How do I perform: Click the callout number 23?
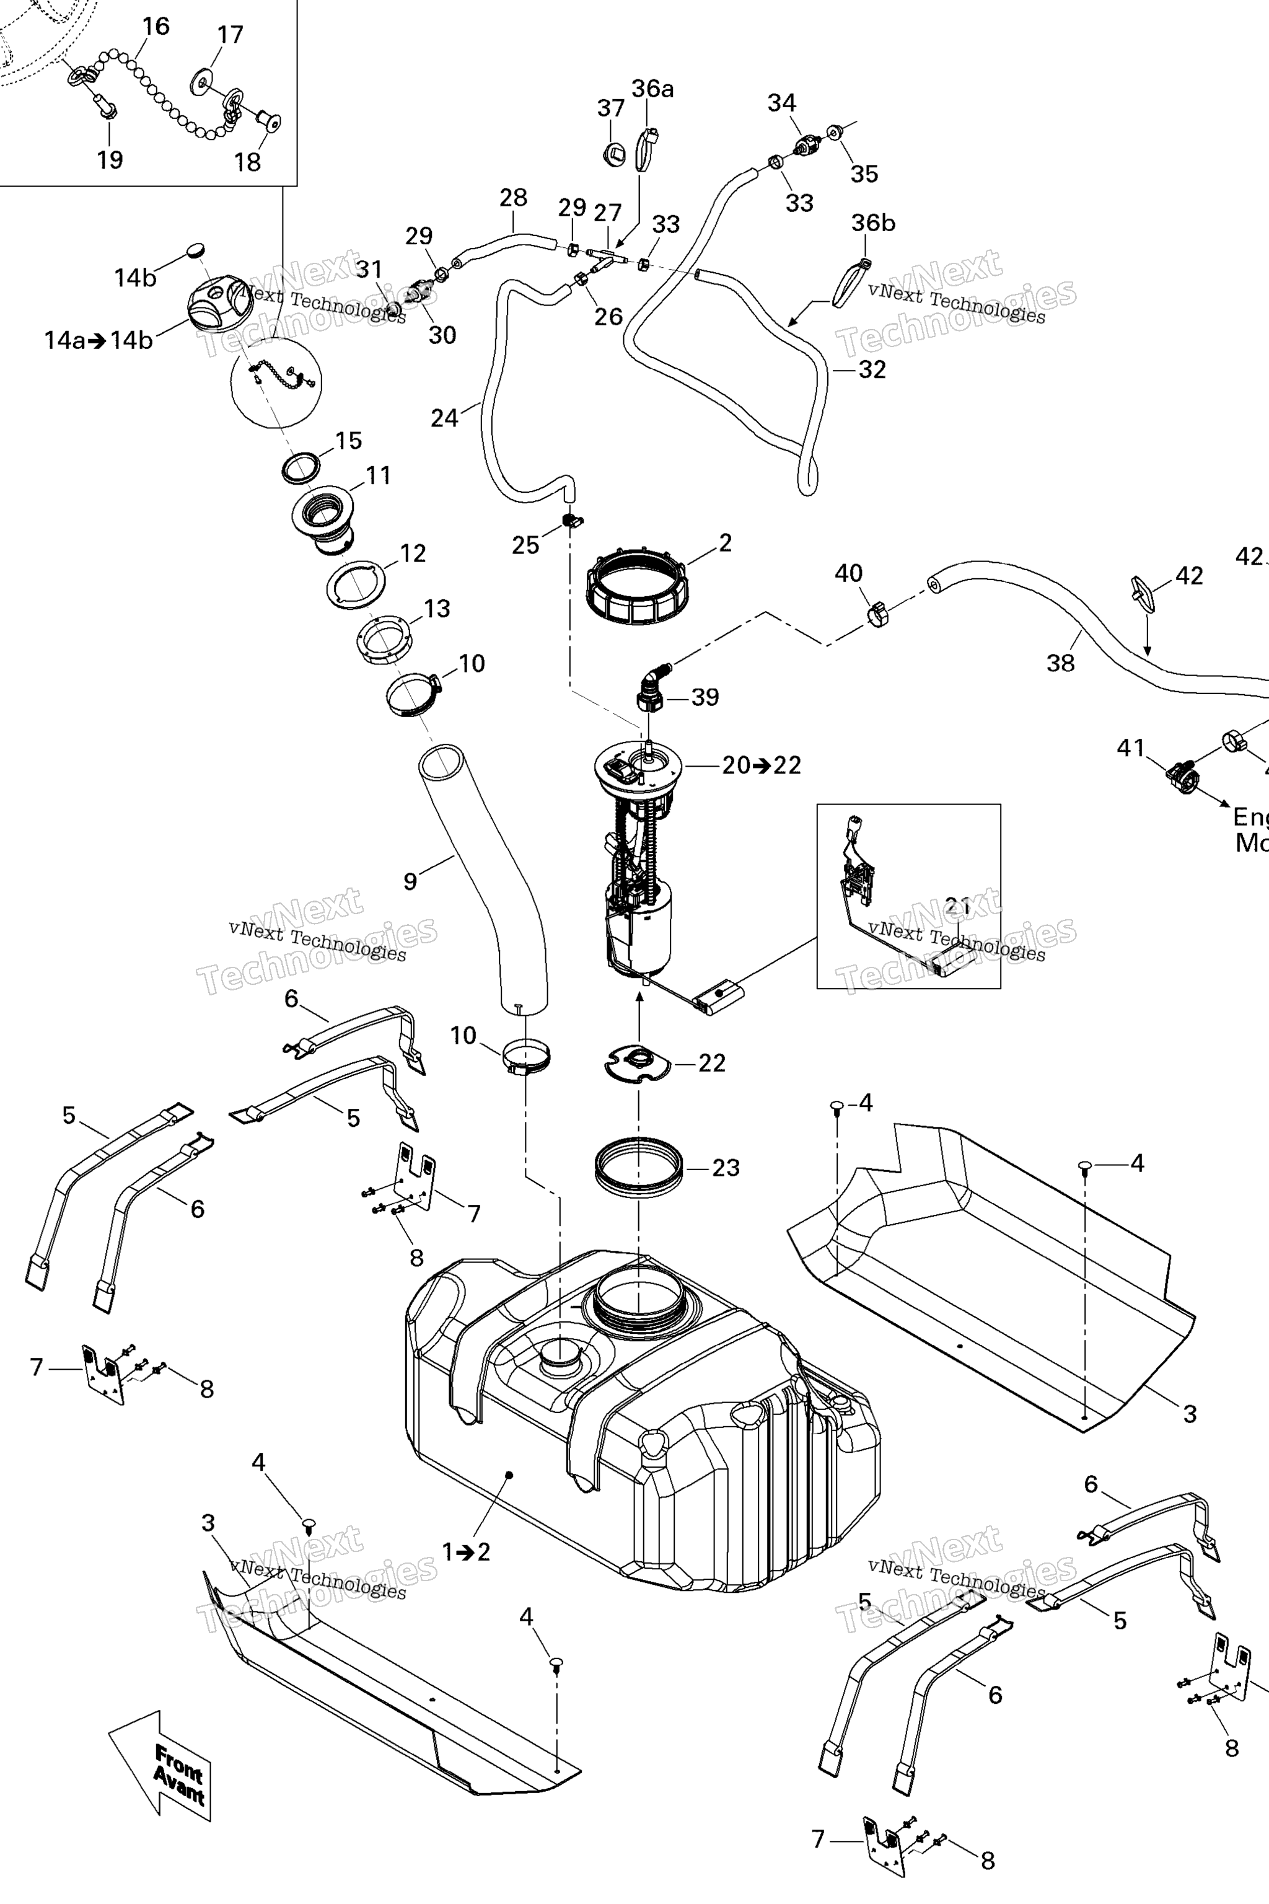(x=726, y=1167)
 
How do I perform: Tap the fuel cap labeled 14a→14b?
(x=219, y=304)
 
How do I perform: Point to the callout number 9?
(x=410, y=881)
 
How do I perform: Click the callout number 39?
(x=705, y=697)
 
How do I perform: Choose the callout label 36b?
(x=872, y=223)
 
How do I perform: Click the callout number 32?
(x=872, y=369)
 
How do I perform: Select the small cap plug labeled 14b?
(x=196, y=249)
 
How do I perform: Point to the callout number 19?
(x=110, y=159)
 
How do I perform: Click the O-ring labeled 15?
(x=301, y=468)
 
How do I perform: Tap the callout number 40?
(x=848, y=573)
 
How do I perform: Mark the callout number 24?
(x=444, y=418)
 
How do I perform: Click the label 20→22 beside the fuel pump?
(x=761, y=765)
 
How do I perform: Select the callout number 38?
(x=1060, y=663)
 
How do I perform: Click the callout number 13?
(x=437, y=609)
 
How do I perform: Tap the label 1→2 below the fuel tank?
(x=466, y=1552)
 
